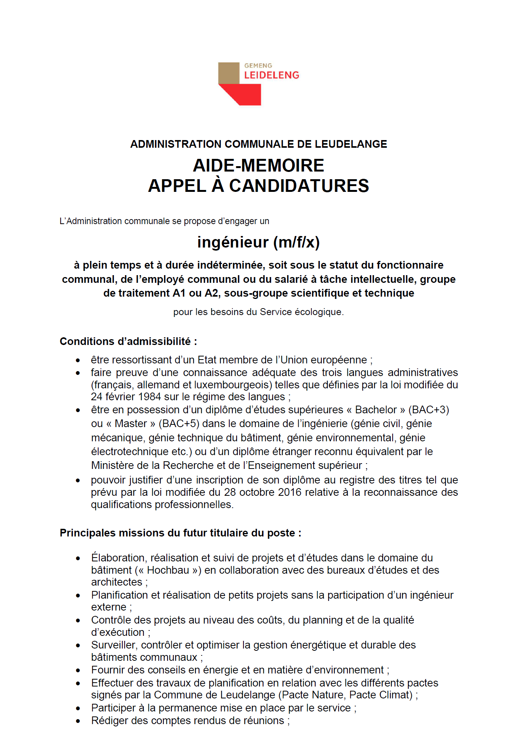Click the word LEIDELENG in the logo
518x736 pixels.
271,75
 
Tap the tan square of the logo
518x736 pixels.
229,73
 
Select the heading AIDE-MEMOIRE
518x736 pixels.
258,166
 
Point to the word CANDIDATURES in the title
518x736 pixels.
299,186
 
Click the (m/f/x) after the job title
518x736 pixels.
296,243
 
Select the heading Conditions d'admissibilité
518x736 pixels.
128,342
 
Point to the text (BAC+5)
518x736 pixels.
179,424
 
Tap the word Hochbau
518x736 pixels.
168,570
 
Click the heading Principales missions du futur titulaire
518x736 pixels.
180,533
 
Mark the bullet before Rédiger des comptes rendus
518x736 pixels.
78,721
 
